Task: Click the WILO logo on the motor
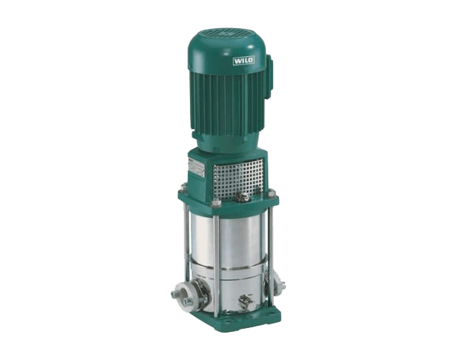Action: pos(244,61)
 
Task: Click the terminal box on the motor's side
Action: pos(268,75)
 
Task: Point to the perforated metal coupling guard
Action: pos(238,178)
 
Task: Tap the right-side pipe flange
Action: pos(279,283)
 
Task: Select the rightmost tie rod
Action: pos(271,249)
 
